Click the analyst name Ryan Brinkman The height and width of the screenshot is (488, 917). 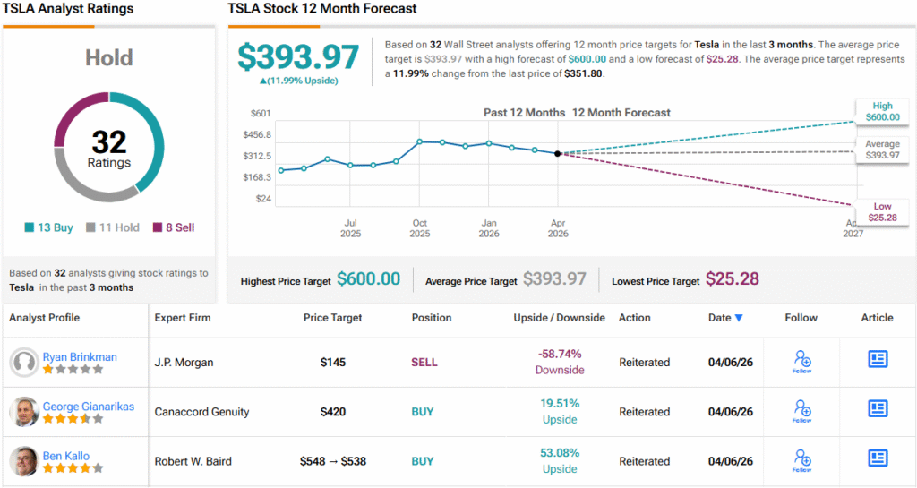[x=79, y=356]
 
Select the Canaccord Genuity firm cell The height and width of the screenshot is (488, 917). [x=201, y=412]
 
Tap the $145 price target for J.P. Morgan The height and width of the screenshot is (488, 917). [x=333, y=363]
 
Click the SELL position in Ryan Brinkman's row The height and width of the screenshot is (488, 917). [x=424, y=363]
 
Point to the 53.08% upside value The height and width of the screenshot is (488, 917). [x=560, y=453]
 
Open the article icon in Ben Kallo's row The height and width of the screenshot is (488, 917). [x=878, y=458]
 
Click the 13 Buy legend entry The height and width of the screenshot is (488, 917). [x=48, y=227]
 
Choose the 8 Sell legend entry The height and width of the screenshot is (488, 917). [x=174, y=227]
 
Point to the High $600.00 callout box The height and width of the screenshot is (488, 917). [x=879, y=111]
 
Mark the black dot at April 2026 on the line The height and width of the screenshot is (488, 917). [x=558, y=154]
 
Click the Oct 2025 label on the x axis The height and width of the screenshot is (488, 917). [x=420, y=228]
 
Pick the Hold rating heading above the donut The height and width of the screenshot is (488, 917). [x=109, y=58]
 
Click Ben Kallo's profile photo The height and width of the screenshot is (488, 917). [x=24, y=461]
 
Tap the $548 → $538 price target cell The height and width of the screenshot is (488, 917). [x=333, y=462]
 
